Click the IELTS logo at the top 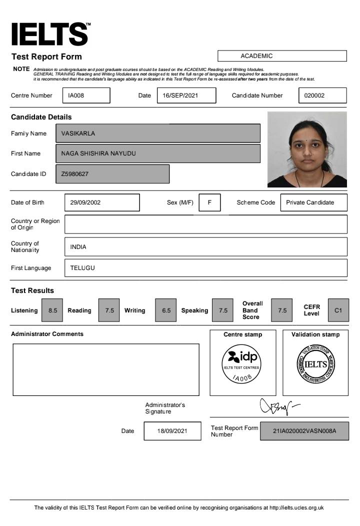(x=50, y=34)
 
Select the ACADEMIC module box (x=282, y=56)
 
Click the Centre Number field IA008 (x=86, y=95)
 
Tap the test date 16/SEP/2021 (x=186, y=95)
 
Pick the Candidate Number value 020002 (x=322, y=95)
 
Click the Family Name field (x=158, y=133)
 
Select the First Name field (x=158, y=153)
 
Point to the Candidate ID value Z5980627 (x=112, y=174)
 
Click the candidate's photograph (x=307, y=149)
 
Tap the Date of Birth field (x=102, y=202)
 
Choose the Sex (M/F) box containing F (x=209, y=202)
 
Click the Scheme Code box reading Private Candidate (x=314, y=202)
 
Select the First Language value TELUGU (x=205, y=268)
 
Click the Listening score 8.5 (x=52, y=310)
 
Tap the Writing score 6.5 (x=166, y=310)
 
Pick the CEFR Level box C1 (x=338, y=310)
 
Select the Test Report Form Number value (x=304, y=431)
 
